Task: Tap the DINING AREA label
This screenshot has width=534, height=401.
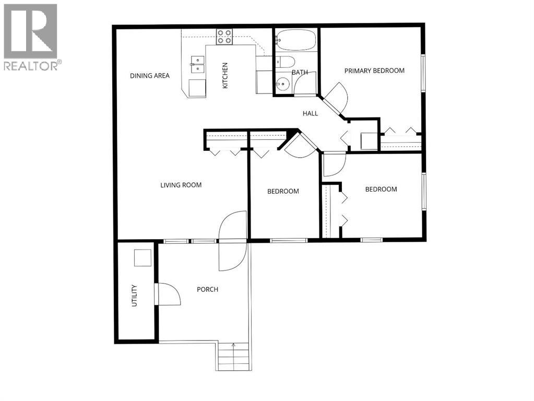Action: [150, 76]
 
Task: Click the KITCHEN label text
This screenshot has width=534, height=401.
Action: [226, 75]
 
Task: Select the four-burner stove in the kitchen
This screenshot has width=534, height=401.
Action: [224, 36]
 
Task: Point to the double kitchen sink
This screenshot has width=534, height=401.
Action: [197, 65]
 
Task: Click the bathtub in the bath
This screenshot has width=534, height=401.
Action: [295, 39]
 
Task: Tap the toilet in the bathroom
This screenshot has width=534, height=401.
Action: [282, 62]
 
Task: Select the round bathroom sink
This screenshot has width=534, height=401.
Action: [282, 84]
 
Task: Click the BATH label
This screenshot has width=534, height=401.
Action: [300, 72]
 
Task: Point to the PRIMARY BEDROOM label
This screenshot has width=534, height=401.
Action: [374, 70]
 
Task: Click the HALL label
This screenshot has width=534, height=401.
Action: [311, 113]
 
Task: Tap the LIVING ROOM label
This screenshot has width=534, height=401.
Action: [181, 185]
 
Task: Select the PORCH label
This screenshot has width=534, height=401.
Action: [207, 289]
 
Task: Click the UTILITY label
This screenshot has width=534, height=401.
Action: [134, 296]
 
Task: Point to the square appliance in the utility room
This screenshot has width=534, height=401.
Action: [142, 258]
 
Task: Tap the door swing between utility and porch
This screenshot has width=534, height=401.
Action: [168, 295]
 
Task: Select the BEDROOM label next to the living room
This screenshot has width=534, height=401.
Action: [283, 191]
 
